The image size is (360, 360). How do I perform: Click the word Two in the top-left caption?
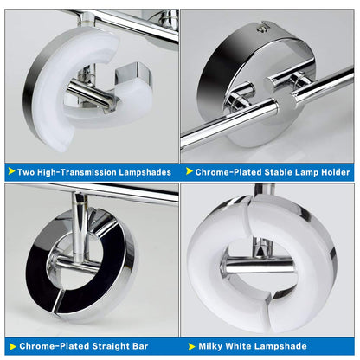[x=25, y=170]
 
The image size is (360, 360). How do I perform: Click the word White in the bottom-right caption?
[x=247, y=346]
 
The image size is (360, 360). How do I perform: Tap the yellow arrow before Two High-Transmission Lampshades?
[x=10, y=170]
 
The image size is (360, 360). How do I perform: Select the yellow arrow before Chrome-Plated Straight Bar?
[x=10, y=346]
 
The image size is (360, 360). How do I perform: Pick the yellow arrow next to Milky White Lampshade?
[x=190, y=346]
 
